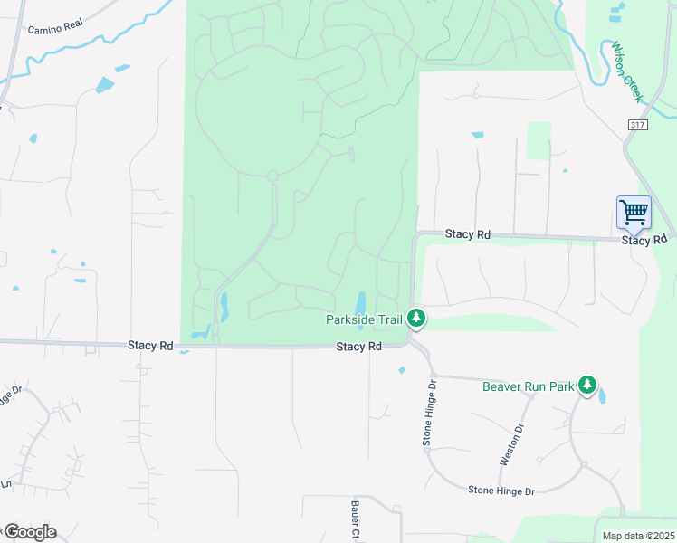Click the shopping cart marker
pyautogui.click(x=634, y=213)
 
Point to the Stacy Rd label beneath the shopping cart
pyautogui.click(x=644, y=241)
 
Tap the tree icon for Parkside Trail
pyautogui.click(x=416, y=318)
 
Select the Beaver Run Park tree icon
pyautogui.click(x=588, y=386)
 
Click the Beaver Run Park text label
pyautogui.click(x=529, y=386)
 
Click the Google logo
pyautogui.click(x=30, y=532)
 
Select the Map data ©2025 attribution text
pyautogui.click(x=638, y=536)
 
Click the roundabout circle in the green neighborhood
pyautogui.click(x=272, y=175)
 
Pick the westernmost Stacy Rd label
pyautogui.click(x=150, y=345)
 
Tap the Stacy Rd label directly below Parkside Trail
pyautogui.click(x=358, y=347)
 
